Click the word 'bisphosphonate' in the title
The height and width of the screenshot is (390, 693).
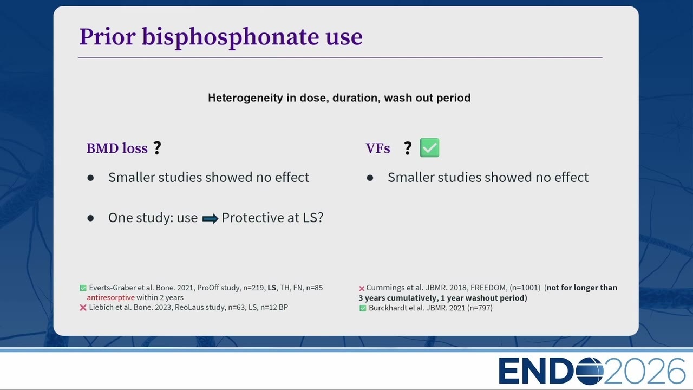pyautogui.click(x=231, y=37)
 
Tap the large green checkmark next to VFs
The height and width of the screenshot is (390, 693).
pyautogui.click(x=429, y=148)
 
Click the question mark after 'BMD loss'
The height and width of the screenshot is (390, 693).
pyautogui.click(x=158, y=148)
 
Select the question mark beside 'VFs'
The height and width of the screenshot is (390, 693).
pyautogui.click(x=408, y=148)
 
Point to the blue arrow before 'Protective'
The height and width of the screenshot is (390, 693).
pyautogui.click(x=211, y=219)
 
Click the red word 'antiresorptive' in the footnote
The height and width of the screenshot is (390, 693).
pyautogui.click(x=111, y=297)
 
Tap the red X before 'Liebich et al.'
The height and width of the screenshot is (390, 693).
pyautogui.click(x=83, y=307)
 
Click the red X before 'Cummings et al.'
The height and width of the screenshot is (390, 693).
pyautogui.click(x=362, y=289)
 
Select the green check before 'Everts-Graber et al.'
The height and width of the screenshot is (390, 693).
pyautogui.click(x=83, y=288)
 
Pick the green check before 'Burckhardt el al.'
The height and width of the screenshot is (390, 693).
pyautogui.click(x=363, y=308)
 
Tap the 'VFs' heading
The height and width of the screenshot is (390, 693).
pyautogui.click(x=378, y=148)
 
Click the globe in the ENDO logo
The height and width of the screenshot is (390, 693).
pyautogui.click(x=590, y=370)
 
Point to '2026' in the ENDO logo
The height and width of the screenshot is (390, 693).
pyautogui.click(x=645, y=371)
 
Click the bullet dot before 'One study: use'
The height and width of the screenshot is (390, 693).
pyautogui.click(x=90, y=218)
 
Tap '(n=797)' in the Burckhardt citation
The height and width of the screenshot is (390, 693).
pyautogui.click(x=480, y=308)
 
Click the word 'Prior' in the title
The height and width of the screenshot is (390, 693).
pyautogui.click(x=107, y=37)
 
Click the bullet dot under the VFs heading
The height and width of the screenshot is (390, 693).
pyautogui.click(x=370, y=178)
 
